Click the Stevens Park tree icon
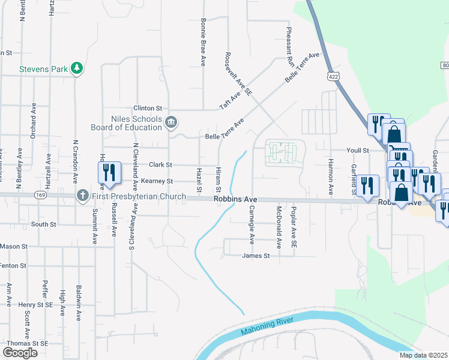(x=76, y=69)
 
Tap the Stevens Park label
(x=43, y=69)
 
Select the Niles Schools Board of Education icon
(x=171, y=123)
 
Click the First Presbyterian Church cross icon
(x=82, y=196)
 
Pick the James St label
(x=256, y=256)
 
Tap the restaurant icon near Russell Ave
(x=109, y=173)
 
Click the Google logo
(x=20, y=352)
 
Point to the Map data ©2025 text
(x=423, y=355)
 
